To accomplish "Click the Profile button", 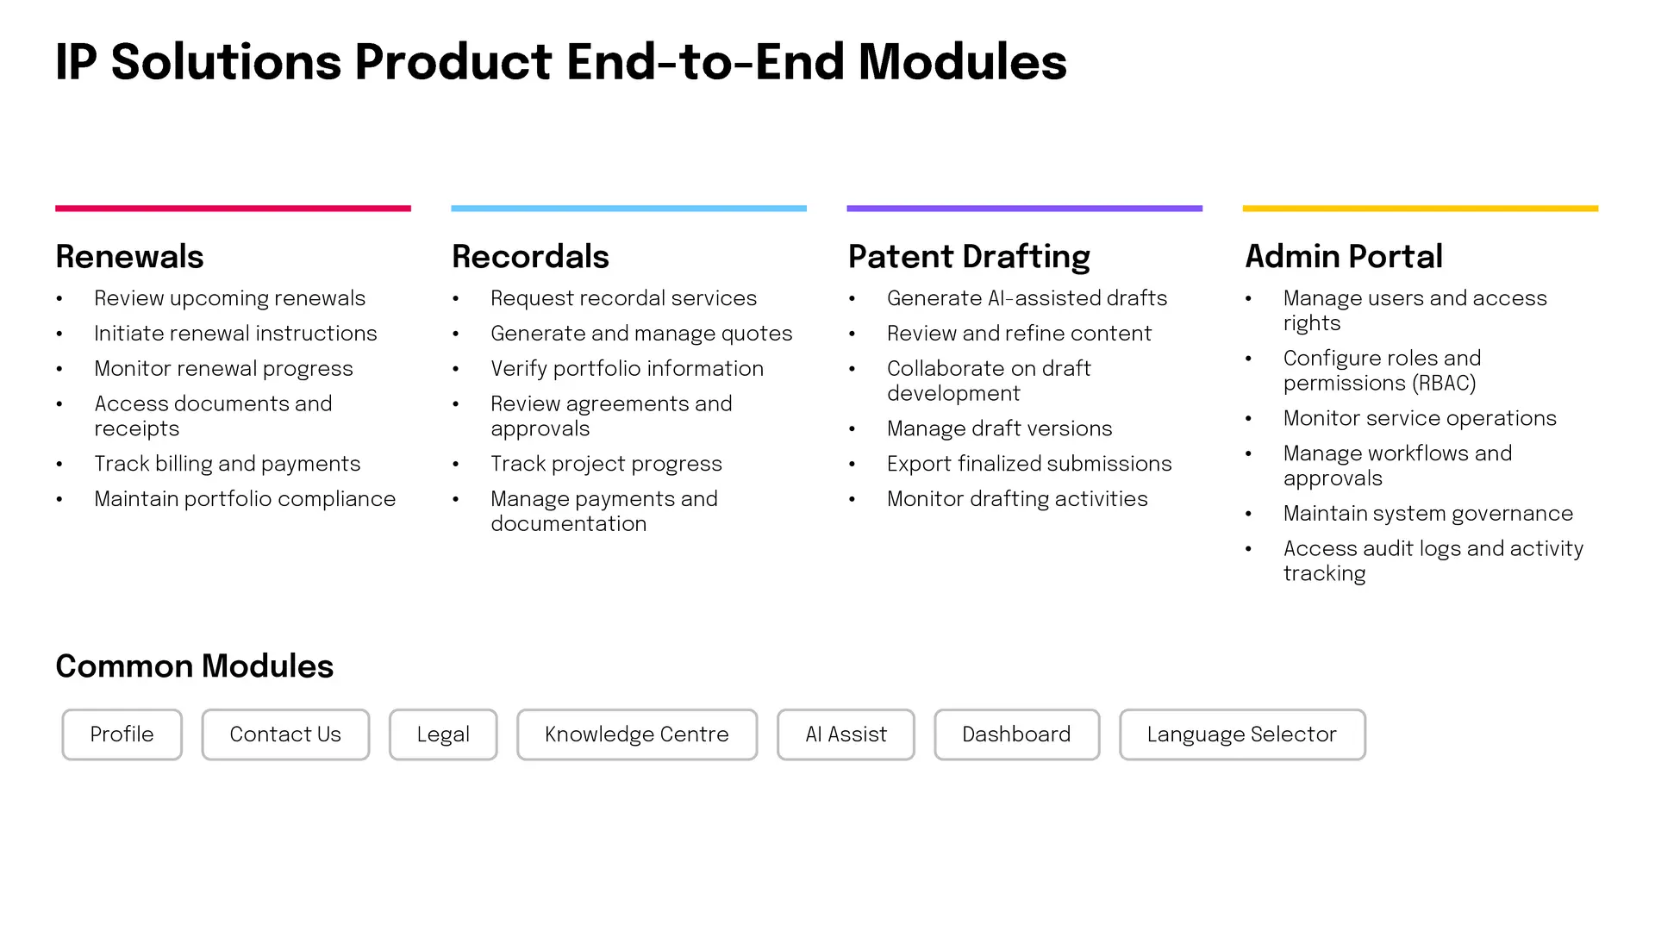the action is pos(122,734).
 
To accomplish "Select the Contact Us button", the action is pos(285,734).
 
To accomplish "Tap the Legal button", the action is pos(443,734).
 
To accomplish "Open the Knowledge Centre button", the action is pos(637,734).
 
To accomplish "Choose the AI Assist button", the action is pos(846,734).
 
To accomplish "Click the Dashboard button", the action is pos(1016,734).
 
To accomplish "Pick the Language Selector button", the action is pos(1242,734).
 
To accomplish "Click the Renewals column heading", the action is pos(129,257).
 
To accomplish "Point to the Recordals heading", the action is pos(530,257).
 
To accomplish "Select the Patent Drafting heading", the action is pos(969,258).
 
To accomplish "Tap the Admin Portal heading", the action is pos(1344,257).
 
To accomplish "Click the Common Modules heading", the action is pos(195,666).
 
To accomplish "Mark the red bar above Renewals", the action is pos(233,209).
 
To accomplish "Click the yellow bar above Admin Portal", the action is pos(1421,209).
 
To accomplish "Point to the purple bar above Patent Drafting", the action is pos(1025,209).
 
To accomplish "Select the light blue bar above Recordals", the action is pos(629,209).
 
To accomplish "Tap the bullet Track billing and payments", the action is pos(228,464).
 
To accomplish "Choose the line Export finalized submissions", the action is pos(1029,464).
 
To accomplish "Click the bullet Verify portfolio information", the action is pos(627,369).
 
